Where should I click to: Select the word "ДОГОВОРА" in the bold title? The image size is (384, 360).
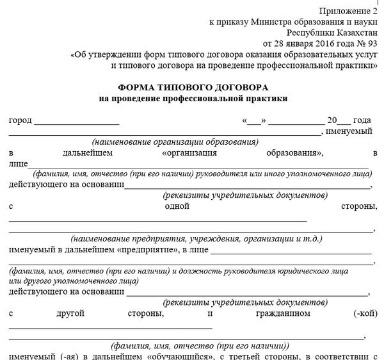237,87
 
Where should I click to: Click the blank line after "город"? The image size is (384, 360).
76,120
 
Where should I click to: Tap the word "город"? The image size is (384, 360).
20,120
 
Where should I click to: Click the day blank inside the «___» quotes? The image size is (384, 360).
254,120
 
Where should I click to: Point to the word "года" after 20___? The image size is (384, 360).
362,120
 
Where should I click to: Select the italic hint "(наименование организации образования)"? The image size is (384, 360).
175,142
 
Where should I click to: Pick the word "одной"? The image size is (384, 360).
177,206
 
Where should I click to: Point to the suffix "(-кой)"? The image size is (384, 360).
365,314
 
